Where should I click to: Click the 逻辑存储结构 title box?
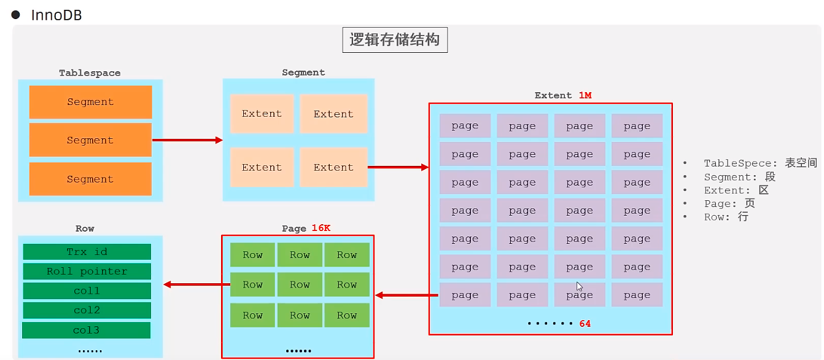tap(395, 41)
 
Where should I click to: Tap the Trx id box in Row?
tap(87, 252)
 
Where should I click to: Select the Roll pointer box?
tap(87, 272)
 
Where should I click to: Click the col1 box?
tap(87, 291)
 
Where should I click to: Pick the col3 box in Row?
tap(86, 331)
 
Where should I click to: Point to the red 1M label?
tap(585, 95)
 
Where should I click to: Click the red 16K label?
tap(321, 228)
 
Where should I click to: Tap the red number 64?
tap(585, 323)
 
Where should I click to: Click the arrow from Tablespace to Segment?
tap(187, 141)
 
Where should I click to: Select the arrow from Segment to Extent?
tap(398, 167)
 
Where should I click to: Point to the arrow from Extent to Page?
tap(406, 295)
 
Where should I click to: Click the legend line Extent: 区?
tap(736, 190)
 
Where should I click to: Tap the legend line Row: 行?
tap(726, 217)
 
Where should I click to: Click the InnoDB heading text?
tap(56, 15)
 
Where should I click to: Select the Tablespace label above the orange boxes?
tap(90, 72)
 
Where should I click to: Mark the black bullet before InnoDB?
tap(16, 14)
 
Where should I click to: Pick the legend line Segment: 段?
tap(740, 177)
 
